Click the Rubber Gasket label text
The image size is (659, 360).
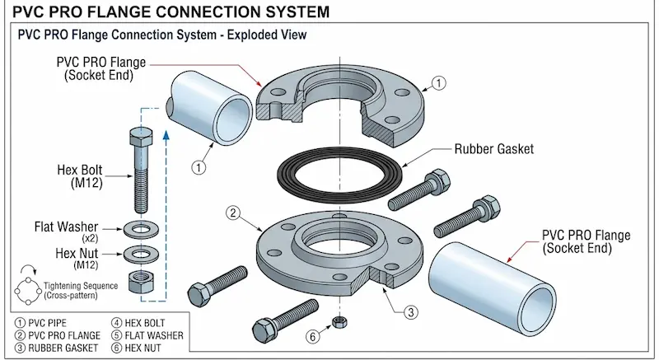495,150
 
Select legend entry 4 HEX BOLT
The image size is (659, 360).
143,323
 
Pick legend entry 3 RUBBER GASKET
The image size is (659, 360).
55,348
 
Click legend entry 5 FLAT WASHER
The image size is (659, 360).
148,335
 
